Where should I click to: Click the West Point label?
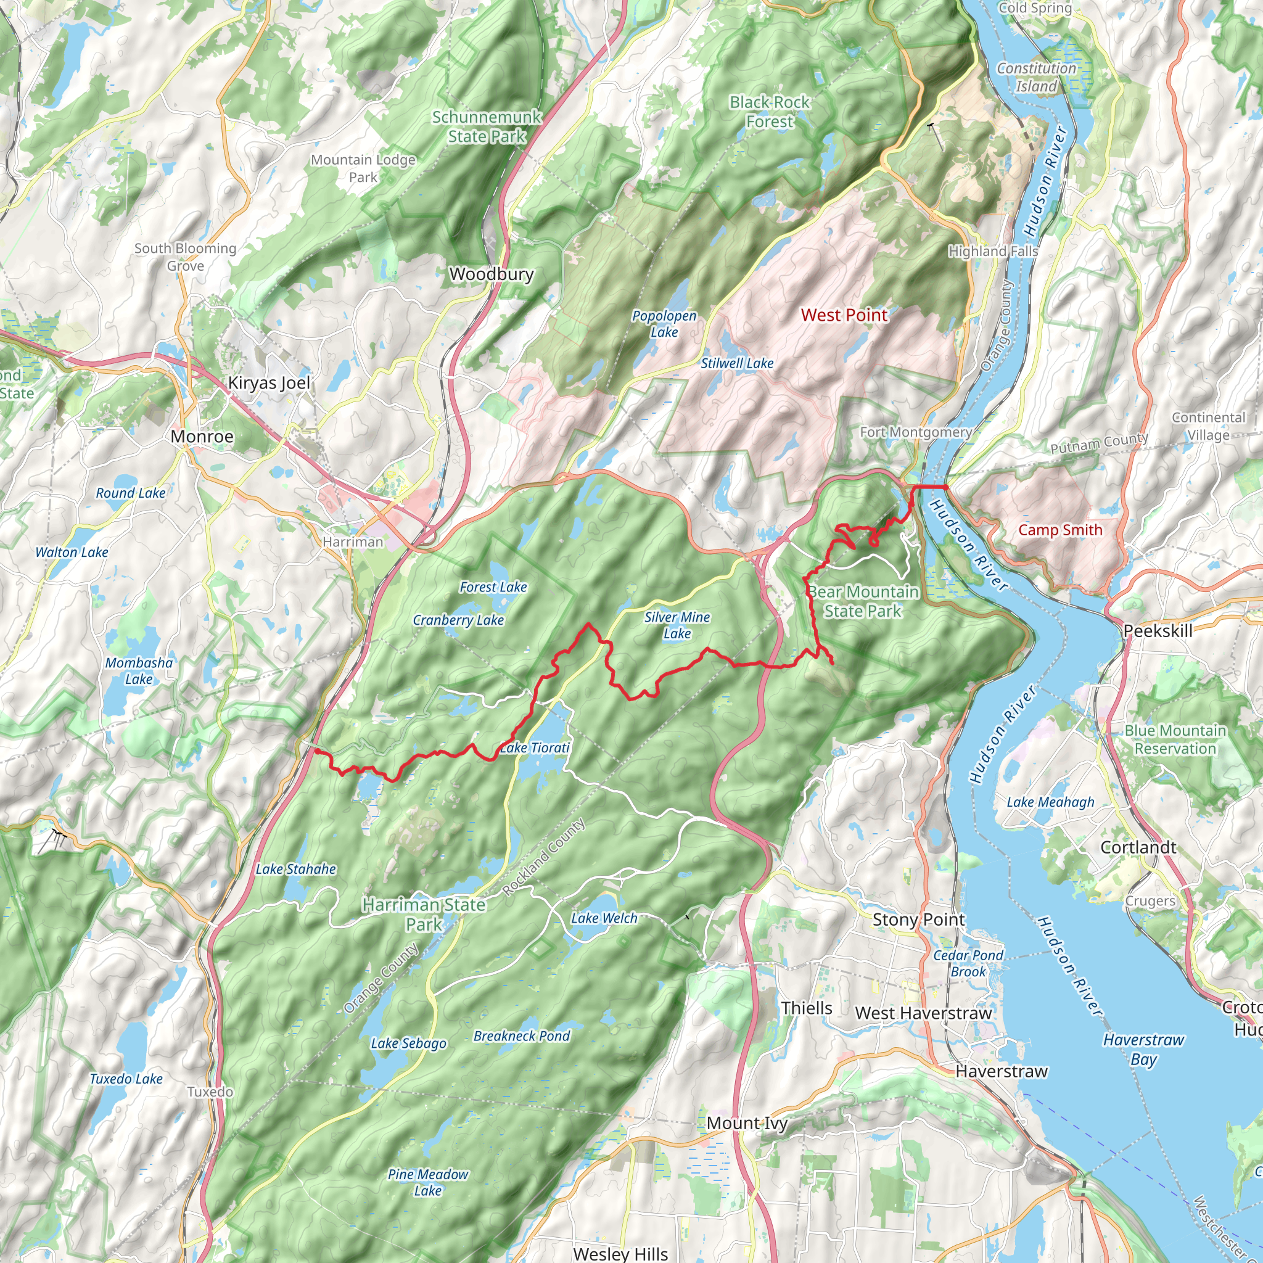[x=844, y=315]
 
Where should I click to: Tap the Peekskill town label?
[x=1158, y=631]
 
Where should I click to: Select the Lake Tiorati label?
[x=535, y=747]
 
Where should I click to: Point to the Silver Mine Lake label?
[x=677, y=625]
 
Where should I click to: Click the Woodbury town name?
[x=492, y=274]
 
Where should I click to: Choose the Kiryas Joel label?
[x=269, y=382]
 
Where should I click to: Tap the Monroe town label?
[x=202, y=436]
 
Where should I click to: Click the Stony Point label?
[x=918, y=919]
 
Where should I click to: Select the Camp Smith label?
[x=1059, y=530]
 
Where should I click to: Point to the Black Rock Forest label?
[x=770, y=112]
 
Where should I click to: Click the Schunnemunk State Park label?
[x=487, y=126]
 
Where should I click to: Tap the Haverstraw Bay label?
[x=1143, y=1048]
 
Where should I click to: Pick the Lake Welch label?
[x=604, y=918]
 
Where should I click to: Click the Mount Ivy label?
[x=747, y=1123]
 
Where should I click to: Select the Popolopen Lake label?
[x=664, y=324]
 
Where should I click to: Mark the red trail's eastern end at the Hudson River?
[x=946, y=487]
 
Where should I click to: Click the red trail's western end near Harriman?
[x=316, y=752]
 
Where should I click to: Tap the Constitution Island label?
[x=1036, y=77]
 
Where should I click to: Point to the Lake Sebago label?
[x=409, y=1043]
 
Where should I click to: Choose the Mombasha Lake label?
[x=139, y=671]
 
